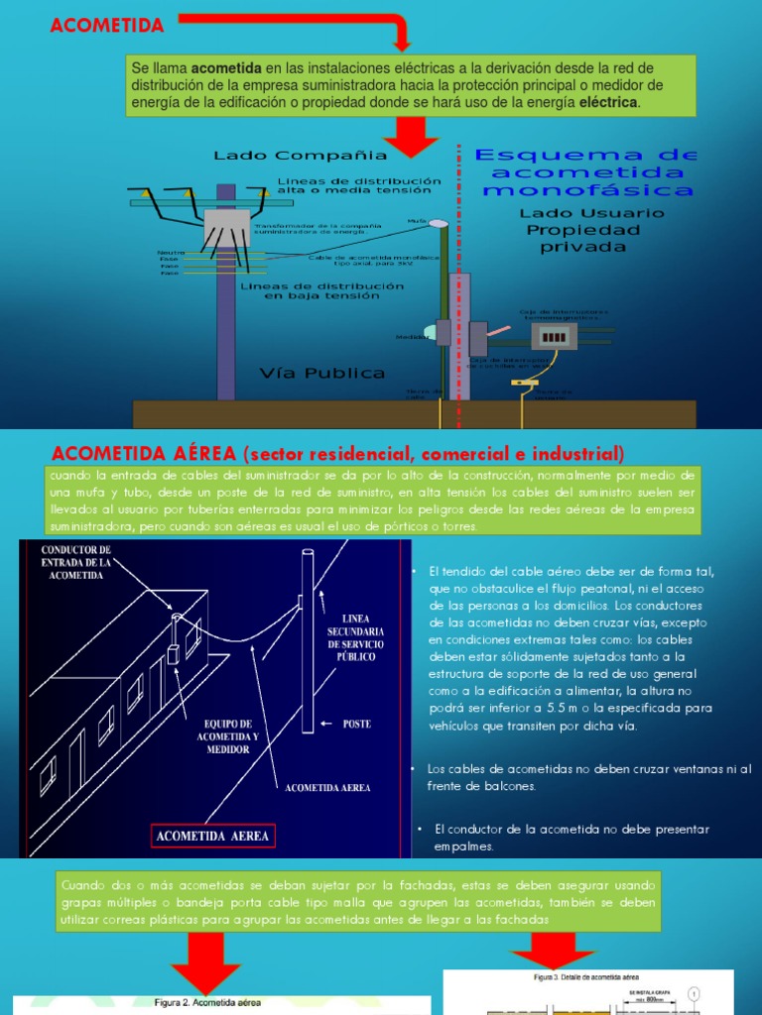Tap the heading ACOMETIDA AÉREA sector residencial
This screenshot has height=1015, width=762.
338,454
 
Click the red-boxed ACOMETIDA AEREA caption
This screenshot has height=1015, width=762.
212,836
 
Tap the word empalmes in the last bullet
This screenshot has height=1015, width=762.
463,846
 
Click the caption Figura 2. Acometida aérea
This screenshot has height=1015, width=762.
207,1003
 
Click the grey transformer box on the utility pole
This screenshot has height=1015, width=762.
226,228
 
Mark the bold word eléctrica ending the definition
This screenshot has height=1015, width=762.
609,102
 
